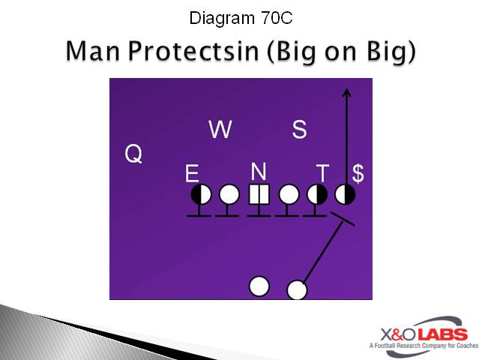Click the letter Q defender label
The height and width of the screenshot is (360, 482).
pyautogui.click(x=133, y=154)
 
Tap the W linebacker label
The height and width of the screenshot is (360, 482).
pyautogui.click(x=220, y=130)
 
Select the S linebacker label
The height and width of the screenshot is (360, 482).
pyautogui.click(x=299, y=130)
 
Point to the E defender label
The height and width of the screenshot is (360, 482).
pyautogui.click(x=192, y=175)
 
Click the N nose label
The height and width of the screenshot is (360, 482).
pyautogui.click(x=259, y=172)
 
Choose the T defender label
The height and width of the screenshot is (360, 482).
pyautogui.click(x=322, y=174)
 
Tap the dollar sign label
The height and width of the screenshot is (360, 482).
pyautogui.click(x=358, y=174)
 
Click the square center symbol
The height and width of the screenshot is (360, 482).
pyautogui.click(x=259, y=195)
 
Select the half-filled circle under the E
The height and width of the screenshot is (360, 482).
pyautogui.click(x=200, y=195)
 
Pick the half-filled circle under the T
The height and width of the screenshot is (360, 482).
pyautogui.click(x=317, y=195)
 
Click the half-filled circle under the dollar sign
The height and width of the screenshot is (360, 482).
pyautogui.click(x=345, y=195)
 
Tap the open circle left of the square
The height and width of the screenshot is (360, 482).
pyautogui.click(x=229, y=195)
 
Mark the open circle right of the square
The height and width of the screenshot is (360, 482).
pyautogui.click(x=289, y=195)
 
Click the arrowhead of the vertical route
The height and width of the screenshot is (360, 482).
pyautogui.click(x=346, y=92)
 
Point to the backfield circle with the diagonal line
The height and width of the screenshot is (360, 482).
pyautogui.click(x=298, y=290)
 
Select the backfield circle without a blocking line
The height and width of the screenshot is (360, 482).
pyautogui.click(x=259, y=286)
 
